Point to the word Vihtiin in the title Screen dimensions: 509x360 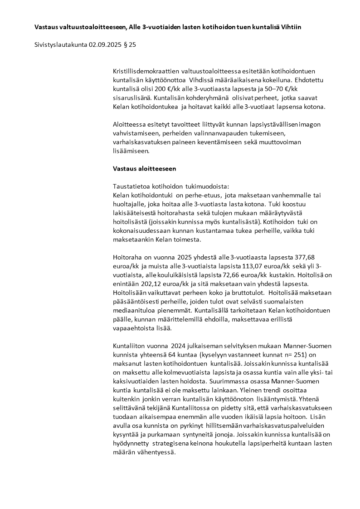tap(290, 27)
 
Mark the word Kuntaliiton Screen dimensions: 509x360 tap(133, 345)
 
